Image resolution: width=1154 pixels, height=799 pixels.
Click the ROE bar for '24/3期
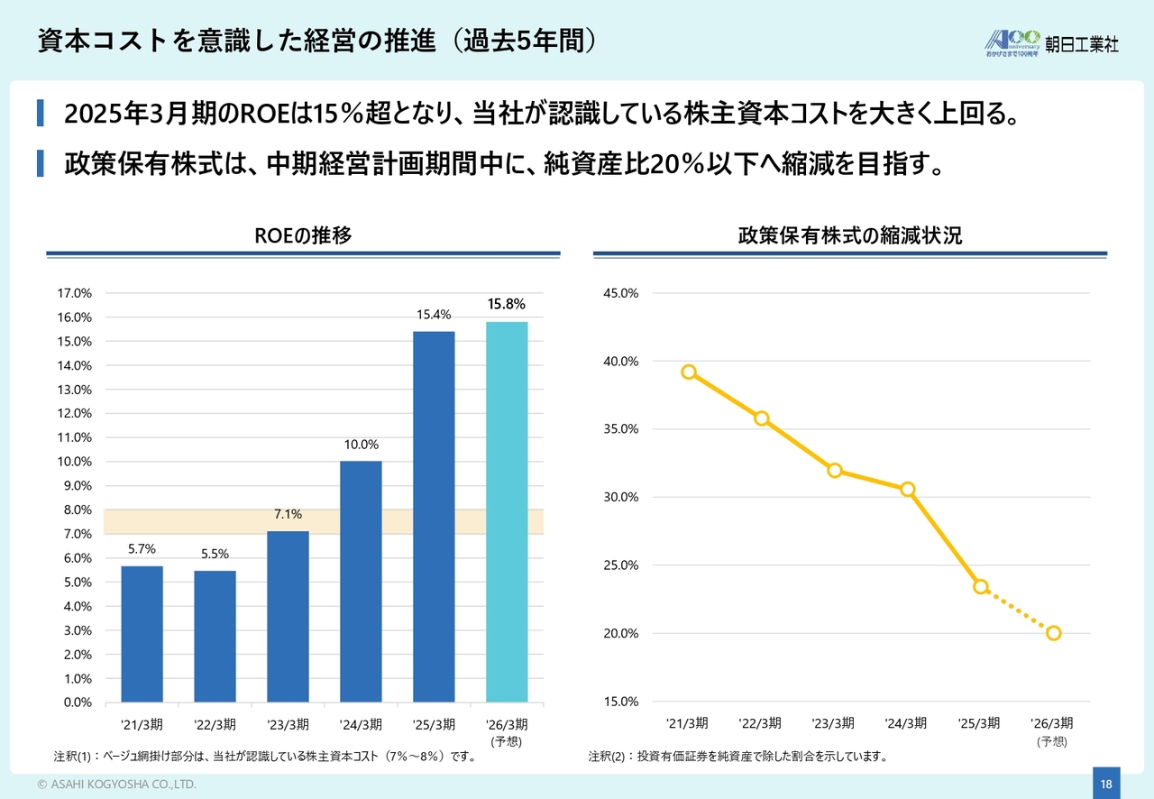pyautogui.click(x=361, y=582)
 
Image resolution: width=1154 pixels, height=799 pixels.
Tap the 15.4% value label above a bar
pyautogui.click(x=434, y=315)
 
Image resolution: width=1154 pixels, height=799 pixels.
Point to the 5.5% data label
pyautogui.click(x=215, y=554)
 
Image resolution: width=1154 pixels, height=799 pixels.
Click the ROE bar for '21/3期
pyautogui.click(x=142, y=634)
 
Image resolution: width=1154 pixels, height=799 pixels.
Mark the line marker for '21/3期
pyautogui.click(x=689, y=372)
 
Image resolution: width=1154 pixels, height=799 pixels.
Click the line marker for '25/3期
pyautogui.click(x=981, y=586)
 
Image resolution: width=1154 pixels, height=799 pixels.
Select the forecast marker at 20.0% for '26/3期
pyautogui.click(x=1054, y=633)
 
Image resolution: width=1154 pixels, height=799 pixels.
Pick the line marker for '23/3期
pyautogui.click(x=835, y=470)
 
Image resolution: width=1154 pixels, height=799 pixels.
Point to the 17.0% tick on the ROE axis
pyautogui.click(x=74, y=293)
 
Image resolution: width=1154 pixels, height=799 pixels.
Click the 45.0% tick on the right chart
pyautogui.click(x=620, y=293)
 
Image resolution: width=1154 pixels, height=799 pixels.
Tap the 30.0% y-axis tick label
pyautogui.click(x=620, y=497)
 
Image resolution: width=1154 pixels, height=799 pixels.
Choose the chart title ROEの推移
pyautogui.click(x=303, y=236)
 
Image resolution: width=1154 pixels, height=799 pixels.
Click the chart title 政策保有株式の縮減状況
pyautogui.click(x=849, y=236)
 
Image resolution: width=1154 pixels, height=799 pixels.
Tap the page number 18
pyautogui.click(x=1106, y=785)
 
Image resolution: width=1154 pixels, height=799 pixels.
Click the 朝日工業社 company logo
pyautogui.click(x=1052, y=42)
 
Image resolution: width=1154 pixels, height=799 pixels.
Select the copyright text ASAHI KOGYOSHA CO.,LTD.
pyautogui.click(x=116, y=785)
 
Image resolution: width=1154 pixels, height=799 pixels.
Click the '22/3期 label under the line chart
pyautogui.click(x=760, y=723)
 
